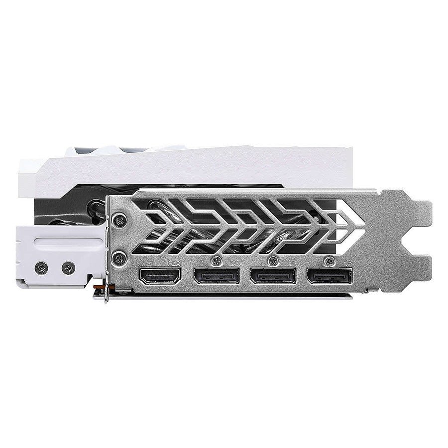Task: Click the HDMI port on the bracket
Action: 160,277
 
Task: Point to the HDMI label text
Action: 175,262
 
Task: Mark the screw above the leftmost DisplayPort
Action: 216,260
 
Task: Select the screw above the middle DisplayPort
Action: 272,260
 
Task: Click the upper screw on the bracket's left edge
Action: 118,218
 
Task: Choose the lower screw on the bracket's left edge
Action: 118,258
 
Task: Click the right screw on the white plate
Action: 67,268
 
